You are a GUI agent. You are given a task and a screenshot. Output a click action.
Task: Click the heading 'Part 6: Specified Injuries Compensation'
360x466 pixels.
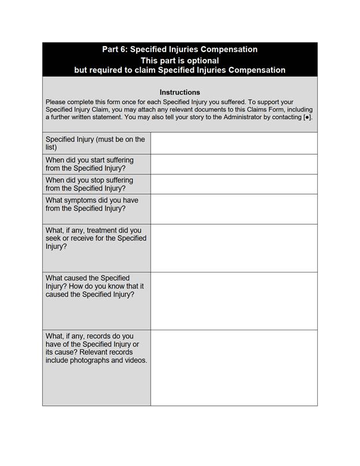tap(179, 50)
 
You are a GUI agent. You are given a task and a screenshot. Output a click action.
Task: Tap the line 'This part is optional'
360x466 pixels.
tap(179, 60)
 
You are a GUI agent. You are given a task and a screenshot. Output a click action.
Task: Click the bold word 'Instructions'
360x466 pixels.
tap(179, 92)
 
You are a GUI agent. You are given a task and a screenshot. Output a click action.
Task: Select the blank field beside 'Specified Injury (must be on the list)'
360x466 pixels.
tap(234, 143)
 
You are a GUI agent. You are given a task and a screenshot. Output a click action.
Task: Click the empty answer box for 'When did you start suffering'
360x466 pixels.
tap(234, 164)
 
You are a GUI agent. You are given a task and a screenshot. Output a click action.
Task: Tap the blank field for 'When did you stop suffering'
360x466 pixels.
tap(234, 184)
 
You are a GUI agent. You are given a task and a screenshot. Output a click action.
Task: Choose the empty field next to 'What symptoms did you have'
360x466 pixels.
tap(234, 209)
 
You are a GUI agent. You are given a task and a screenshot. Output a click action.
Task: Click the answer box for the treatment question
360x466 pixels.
tap(234, 248)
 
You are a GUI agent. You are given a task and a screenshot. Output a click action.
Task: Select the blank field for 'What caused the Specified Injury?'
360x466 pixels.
tap(234, 301)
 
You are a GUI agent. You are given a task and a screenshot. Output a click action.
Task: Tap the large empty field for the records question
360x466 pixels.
tap(234, 367)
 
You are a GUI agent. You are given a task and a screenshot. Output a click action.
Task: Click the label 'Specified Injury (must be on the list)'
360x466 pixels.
tap(95, 143)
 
